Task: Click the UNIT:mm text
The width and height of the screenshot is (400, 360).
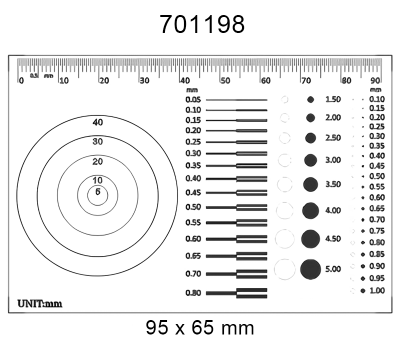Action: [x=40, y=300]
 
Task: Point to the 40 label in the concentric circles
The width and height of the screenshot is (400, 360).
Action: [x=97, y=122]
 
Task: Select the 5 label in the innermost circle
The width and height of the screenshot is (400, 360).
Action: [x=97, y=191]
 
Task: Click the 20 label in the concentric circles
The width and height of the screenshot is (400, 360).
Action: [x=97, y=161]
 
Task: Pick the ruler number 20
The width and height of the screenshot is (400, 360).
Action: [x=104, y=79]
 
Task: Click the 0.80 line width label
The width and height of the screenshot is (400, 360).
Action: [x=193, y=293]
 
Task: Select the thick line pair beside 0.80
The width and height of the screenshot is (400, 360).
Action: [x=251, y=293]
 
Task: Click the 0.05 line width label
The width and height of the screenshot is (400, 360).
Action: [x=193, y=100]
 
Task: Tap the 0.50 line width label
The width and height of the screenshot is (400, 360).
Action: [x=193, y=206]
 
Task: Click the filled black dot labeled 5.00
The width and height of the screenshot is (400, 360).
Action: [x=310, y=268]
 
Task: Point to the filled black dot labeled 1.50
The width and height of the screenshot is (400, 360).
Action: [x=310, y=100]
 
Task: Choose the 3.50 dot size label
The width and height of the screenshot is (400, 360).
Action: [x=333, y=185]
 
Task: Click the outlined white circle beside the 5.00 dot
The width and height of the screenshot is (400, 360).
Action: [x=285, y=268]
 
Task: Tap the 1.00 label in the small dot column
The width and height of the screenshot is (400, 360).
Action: [x=377, y=290]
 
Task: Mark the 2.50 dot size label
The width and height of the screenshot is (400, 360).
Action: [x=333, y=138]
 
